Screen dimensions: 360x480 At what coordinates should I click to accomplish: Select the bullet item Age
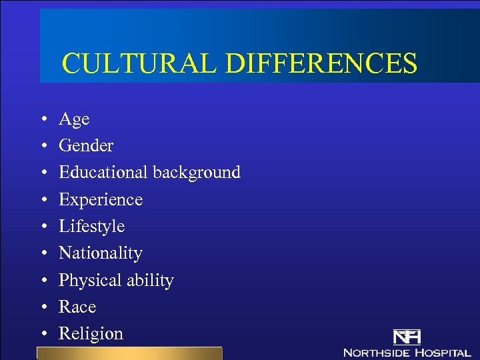[x=74, y=120]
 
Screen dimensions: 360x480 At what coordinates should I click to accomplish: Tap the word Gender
[x=86, y=146]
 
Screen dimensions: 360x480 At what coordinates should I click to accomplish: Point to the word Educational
[x=103, y=172]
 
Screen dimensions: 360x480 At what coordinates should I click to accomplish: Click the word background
[x=196, y=173]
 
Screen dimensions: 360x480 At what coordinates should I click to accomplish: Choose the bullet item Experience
[x=101, y=200]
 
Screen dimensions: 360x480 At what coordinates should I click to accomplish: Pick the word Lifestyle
[x=91, y=227]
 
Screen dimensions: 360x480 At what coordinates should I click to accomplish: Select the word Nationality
[x=101, y=253]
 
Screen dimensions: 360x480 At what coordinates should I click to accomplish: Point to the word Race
[x=77, y=307]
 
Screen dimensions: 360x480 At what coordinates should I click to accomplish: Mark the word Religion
[x=91, y=334]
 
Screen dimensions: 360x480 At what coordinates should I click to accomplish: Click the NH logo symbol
[x=407, y=337]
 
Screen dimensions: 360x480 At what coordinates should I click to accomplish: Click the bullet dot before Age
[x=43, y=121]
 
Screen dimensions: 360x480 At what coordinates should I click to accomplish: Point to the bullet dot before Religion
[x=43, y=335]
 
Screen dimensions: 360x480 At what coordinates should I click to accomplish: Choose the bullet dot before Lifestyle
[x=43, y=227]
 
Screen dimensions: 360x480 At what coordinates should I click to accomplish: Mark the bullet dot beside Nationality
[x=43, y=254]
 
